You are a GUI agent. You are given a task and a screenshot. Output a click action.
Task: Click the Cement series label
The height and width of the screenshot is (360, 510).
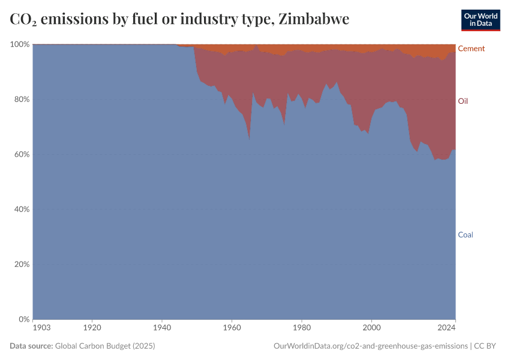(471, 49)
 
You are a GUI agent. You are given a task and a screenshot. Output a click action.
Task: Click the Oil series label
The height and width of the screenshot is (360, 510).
(463, 101)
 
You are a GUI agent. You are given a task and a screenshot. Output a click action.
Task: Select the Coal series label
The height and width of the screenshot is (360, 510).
(466, 235)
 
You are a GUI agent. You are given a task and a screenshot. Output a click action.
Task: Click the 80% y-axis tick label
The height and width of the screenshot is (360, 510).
(21, 100)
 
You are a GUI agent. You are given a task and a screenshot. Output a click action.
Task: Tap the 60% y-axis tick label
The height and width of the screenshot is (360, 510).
(21, 154)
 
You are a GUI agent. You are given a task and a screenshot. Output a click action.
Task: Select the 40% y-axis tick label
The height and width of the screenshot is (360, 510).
(21, 209)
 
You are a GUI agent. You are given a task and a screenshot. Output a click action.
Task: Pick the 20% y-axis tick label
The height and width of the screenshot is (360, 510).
(21, 264)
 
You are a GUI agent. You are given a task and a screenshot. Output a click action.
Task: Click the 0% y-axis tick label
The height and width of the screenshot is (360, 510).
(23, 319)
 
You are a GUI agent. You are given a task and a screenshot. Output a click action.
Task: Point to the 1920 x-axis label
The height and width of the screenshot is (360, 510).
(92, 328)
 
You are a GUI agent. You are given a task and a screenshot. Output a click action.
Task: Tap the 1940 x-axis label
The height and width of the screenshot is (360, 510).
(162, 328)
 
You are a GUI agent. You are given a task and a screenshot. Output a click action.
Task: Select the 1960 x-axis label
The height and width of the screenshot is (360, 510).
(232, 328)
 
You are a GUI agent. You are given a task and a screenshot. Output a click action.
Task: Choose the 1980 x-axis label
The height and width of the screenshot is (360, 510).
(302, 328)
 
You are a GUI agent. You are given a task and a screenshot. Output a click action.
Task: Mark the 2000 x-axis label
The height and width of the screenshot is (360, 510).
(372, 328)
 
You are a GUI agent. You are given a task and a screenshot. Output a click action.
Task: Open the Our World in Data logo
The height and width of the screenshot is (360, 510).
(481, 20)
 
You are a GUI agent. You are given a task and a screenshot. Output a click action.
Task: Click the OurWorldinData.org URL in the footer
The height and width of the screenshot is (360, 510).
(370, 346)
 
